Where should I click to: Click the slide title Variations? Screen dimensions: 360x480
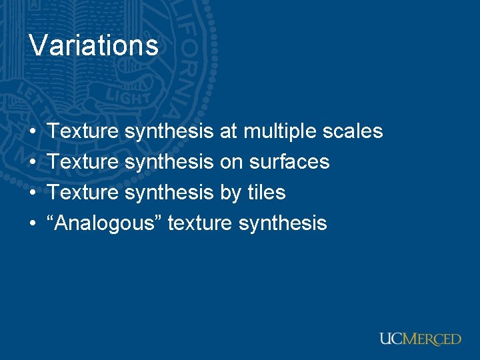pyautogui.click(x=94, y=46)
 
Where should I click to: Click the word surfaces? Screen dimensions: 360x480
pyautogui.click(x=289, y=162)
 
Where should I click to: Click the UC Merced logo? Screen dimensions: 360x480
pyautogui.click(x=420, y=339)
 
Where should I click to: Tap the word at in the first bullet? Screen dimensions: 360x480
pyautogui.click(x=228, y=131)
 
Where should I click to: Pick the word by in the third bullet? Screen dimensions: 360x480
pyautogui.click(x=231, y=193)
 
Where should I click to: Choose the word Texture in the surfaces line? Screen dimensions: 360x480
pyautogui.click(x=84, y=162)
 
